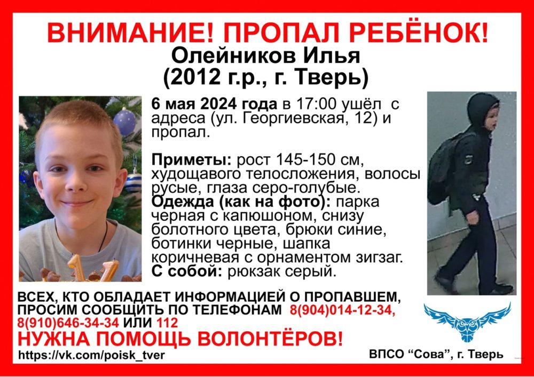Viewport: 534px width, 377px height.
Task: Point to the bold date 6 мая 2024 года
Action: click(x=214, y=103)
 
